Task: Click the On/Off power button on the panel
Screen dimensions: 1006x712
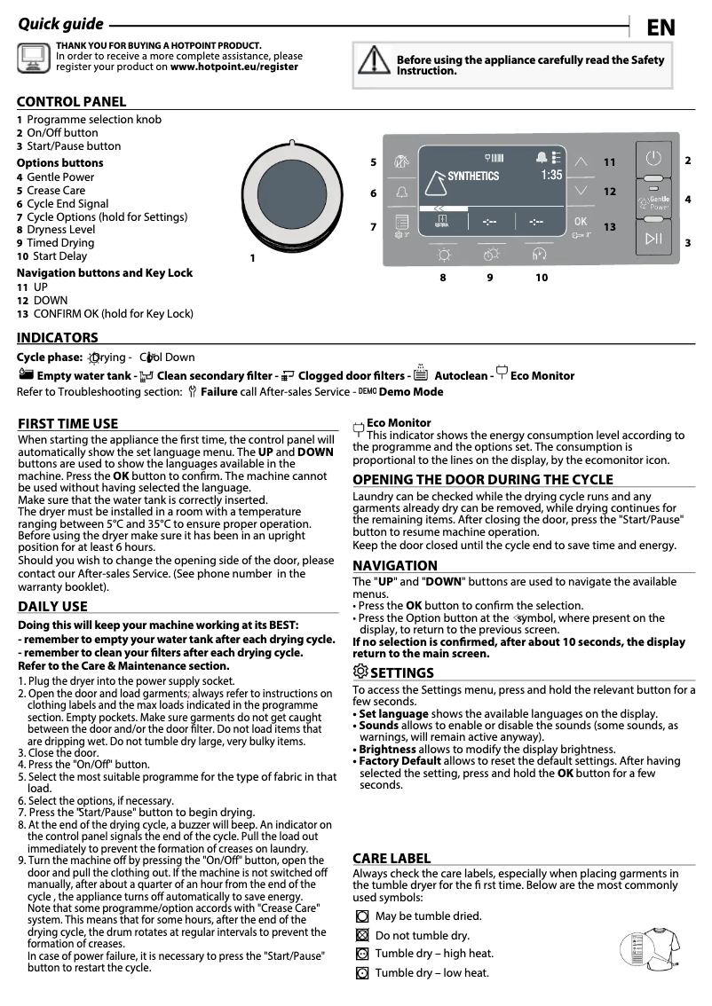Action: [x=653, y=161]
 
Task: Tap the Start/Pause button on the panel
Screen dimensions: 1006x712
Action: [x=653, y=237]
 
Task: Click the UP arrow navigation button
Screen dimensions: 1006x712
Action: [x=581, y=162]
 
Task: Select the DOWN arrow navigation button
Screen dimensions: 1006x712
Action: [x=581, y=191]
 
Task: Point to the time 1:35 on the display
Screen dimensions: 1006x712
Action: [x=551, y=176]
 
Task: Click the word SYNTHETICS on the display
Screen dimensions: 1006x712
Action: [x=472, y=177]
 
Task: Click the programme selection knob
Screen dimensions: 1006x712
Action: [x=293, y=193]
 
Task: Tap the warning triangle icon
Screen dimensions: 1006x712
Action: [x=374, y=59]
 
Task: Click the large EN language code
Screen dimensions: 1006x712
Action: [x=661, y=28]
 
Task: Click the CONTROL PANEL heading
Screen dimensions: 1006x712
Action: [x=71, y=102]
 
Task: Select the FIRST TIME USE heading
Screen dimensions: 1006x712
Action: [x=67, y=424]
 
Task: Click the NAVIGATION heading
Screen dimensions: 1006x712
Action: [x=394, y=566]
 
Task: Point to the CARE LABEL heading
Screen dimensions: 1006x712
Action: [x=392, y=858]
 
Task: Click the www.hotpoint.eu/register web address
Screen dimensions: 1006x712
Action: [x=234, y=67]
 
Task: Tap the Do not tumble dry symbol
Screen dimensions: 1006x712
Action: [x=361, y=935]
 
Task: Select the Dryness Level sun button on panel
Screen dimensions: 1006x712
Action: [x=442, y=255]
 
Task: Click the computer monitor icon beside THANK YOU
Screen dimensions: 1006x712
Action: [x=34, y=57]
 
